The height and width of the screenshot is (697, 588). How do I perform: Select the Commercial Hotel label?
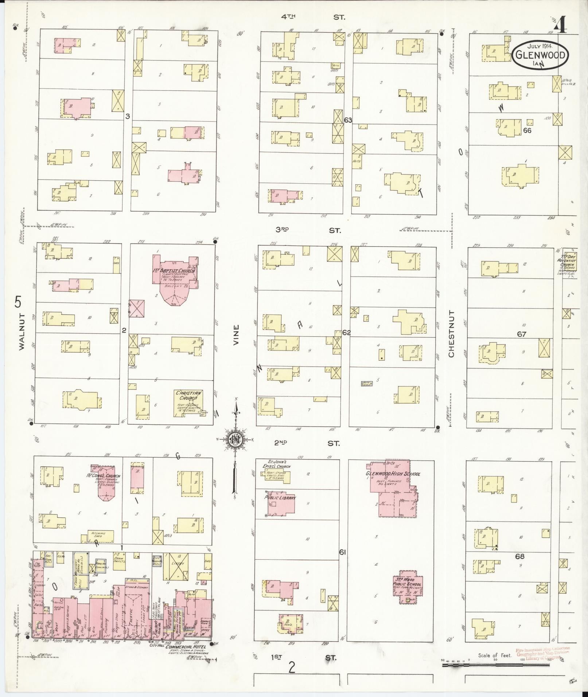click(186, 647)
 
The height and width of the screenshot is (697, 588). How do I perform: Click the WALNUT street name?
click(21, 332)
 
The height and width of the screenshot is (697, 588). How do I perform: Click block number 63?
click(347, 120)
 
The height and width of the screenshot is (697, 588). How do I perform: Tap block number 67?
click(521, 334)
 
